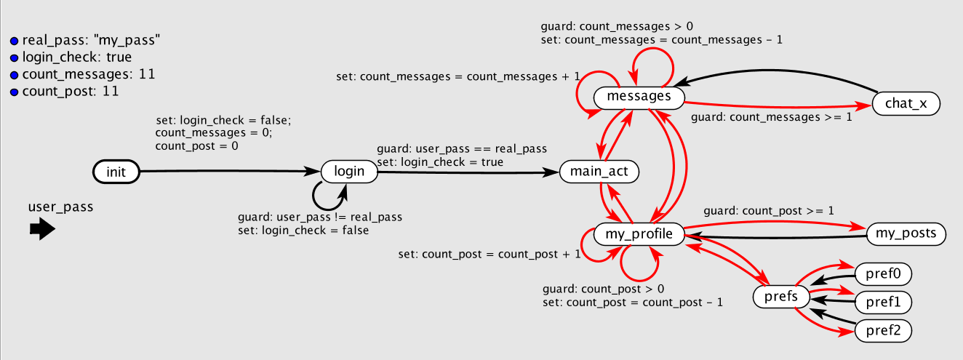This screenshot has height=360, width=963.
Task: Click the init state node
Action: coord(116,172)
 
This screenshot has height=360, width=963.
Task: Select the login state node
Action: coord(349,172)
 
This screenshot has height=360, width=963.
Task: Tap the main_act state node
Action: coord(599,172)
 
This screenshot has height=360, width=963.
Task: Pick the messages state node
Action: coord(638,97)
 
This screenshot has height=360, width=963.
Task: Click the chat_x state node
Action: coord(906,104)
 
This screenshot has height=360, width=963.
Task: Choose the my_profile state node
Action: coord(638,233)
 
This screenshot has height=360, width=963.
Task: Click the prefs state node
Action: coord(781,297)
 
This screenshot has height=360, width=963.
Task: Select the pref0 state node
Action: coord(883,274)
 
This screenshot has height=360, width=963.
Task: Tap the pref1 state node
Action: coord(883,302)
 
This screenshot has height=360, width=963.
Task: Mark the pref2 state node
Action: coord(883,331)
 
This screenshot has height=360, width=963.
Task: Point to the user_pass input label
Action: coord(60,207)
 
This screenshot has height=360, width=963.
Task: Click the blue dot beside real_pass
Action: coord(14,41)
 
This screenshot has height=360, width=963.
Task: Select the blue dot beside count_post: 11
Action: coord(14,92)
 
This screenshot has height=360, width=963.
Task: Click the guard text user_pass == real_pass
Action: coord(461,149)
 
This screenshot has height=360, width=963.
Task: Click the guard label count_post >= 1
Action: coord(769,210)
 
